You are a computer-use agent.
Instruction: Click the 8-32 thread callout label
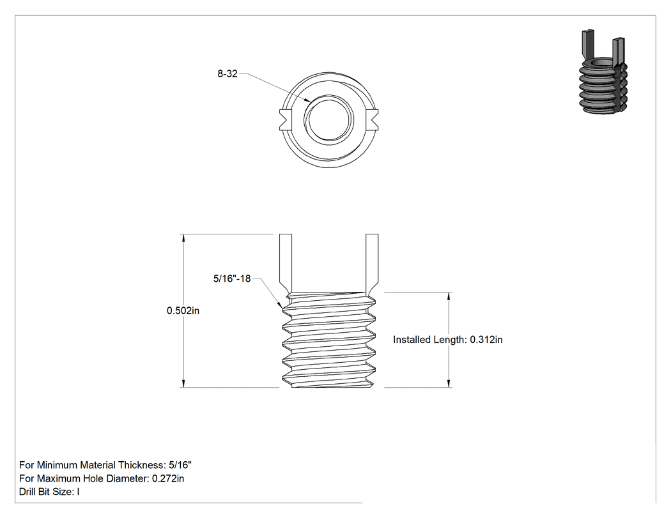(x=228, y=73)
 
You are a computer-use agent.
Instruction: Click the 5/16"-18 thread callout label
(x=232, y=278)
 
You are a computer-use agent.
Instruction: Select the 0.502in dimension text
(x=183, y=310)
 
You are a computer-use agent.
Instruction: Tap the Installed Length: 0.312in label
(x=447, y=340)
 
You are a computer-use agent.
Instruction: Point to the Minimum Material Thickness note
(x=105, y=465)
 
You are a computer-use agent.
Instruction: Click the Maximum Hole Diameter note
(x=102, y=478)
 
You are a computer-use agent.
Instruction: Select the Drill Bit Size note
(x=49, y=492)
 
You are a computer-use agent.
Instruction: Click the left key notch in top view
(x=285, y=120)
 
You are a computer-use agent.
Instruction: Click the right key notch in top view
(x=373, y=120)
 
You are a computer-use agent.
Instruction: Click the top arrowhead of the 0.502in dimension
(x=183, y=238)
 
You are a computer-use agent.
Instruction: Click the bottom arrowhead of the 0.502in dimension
(x=183, y=383)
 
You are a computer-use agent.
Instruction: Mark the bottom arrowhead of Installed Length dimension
(x=449, y=383)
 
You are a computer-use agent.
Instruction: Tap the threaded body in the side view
(x=329, y=340)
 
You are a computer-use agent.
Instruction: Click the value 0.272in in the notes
(x=168, y=478)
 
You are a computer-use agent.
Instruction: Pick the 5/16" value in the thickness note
(x=180, y=465)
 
